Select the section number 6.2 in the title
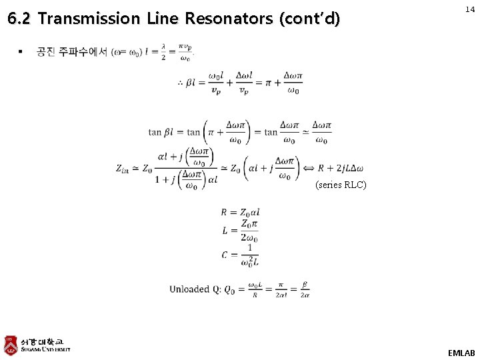20,19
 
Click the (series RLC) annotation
340,185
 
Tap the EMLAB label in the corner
461,352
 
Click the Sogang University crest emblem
11,345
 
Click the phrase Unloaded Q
195,289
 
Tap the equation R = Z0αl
240,213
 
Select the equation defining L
240,231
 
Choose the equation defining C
240,254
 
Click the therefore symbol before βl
180,83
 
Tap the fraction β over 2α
304,289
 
